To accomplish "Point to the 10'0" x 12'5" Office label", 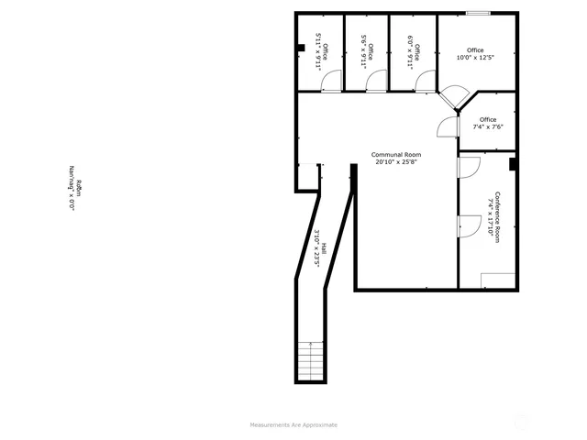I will (474, 54).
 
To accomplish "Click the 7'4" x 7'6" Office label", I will (487, 124).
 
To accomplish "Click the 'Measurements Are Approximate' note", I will (293, 424).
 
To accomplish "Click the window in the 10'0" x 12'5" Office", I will (477, 13).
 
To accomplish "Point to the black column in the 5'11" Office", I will (301, 49).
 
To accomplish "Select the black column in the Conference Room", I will (513, 165).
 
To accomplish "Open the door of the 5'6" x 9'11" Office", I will (376, 82).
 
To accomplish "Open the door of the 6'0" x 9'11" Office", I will (424, 82).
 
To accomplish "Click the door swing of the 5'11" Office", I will (329, 82).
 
